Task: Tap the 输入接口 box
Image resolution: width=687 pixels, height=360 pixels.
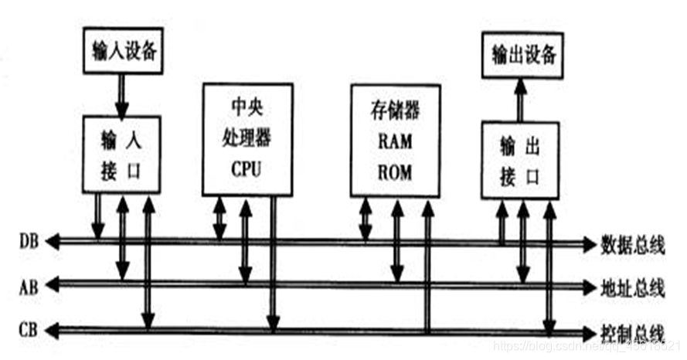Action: pos(121,154)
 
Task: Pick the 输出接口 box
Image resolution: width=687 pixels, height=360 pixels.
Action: pos(520,159)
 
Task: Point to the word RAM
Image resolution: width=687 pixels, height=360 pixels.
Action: pos(396,142)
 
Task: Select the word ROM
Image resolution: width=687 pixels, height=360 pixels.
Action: pos(396,171)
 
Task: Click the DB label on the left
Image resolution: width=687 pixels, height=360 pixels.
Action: pos(28,242)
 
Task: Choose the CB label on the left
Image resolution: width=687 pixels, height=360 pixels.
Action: pos(28,331)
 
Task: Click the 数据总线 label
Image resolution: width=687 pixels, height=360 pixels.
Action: pos(632,246)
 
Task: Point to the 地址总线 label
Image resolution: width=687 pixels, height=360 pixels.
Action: pos(632,290)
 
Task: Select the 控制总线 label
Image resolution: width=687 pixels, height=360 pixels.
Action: pos(632,333)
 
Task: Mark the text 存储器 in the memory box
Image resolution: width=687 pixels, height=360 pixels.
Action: pos(396,111)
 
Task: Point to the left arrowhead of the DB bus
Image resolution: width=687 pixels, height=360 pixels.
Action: pos(52,242)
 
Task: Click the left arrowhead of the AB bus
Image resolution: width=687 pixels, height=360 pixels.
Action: pos(52,286)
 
